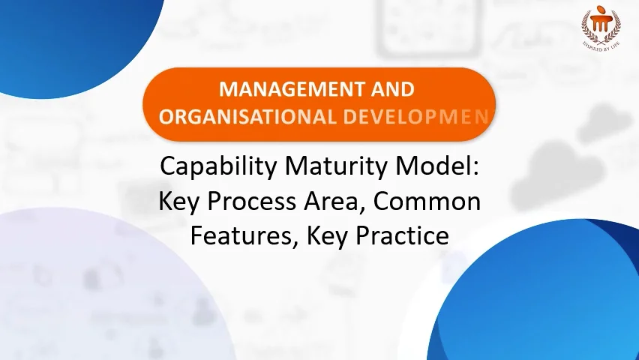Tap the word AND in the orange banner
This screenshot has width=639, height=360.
pyautogui.click(x=387, y=90)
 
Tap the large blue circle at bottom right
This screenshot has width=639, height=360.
pyautogui.click(x=547, y=300)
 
